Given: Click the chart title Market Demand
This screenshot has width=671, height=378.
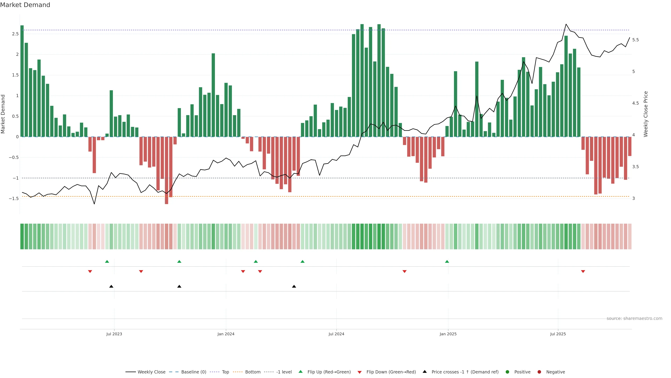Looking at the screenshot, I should click(x=25, y=5).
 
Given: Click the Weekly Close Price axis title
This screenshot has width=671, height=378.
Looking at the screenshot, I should click(x=645, y=114).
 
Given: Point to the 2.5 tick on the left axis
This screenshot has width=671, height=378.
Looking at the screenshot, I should click(x=15, y=34).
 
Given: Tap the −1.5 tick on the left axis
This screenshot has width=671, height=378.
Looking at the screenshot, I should click(x=14, y=198).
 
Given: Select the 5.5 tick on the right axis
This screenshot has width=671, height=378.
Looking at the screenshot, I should click(x=636, y=40).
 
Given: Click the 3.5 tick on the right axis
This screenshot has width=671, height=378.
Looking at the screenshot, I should click(x=636, y=167).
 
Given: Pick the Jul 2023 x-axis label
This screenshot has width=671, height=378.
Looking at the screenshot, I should click(x=114, y=334).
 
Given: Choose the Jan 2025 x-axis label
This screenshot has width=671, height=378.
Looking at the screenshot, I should click(x=448, y=334).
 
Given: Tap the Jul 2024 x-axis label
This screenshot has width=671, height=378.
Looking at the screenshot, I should click(x=336, y=334).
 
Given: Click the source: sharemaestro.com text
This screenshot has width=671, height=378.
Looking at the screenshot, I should click(x=634, y=318).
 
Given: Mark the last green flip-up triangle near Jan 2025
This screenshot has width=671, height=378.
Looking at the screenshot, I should click(x=447, y=261).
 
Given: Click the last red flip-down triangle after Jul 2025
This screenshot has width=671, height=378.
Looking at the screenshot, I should click(x=583, y=272).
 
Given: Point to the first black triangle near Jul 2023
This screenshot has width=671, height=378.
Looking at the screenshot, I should click(x=111, y=286).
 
